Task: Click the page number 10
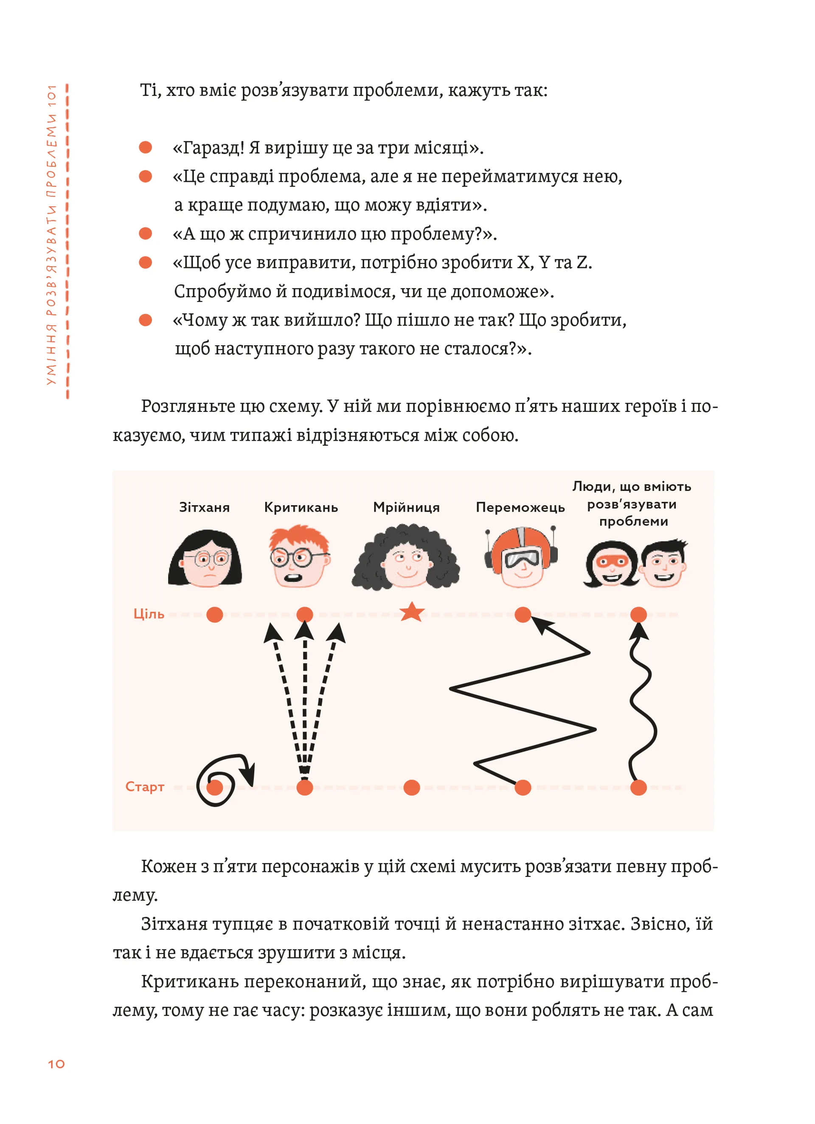tap(56, 1064)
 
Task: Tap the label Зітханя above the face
tap(204, 507)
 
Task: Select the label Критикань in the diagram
tap(301, 507)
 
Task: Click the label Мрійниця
tap(406, 507)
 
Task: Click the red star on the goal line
tap(412, 613)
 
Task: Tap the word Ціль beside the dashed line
tap(149, 614)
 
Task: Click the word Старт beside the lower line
tap(145, 787)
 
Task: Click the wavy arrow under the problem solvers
tap(643, 704)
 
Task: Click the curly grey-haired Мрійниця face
tap(406, 560)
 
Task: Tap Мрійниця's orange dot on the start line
tap(412, 788)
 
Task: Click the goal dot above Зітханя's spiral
tap(214, 614)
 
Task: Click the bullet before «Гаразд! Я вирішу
tap(145, 147)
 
